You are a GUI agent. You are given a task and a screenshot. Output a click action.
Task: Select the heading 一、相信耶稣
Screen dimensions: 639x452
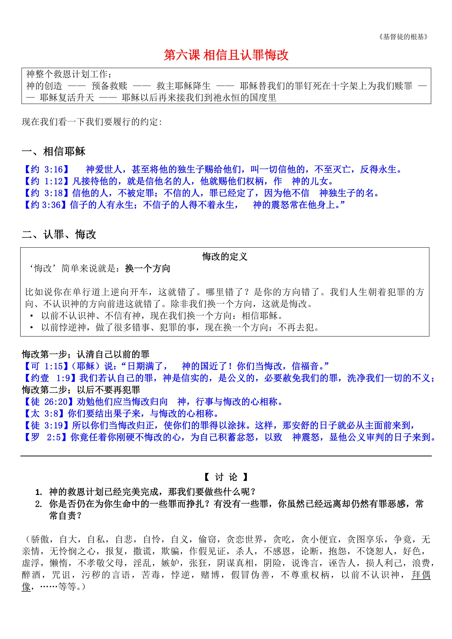coord(53,151)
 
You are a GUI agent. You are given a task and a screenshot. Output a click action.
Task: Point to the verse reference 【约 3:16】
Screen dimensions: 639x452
coord(46,169)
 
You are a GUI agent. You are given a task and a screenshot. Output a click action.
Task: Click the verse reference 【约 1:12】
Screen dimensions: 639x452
coord(46,181)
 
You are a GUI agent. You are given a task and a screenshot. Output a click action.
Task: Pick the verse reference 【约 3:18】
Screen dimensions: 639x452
coord(46,193)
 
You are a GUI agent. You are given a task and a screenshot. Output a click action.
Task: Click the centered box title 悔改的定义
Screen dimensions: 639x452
coord(225,256)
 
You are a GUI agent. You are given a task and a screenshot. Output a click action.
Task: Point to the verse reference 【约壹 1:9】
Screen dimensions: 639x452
coord(50,378)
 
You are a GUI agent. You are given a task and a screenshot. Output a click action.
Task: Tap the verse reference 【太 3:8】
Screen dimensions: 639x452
coord(44,414)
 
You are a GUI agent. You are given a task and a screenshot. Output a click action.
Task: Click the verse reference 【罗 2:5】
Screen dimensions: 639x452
coord(46,437)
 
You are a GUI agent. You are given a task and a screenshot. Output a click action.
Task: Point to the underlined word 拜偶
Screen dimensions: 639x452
coord(421,575)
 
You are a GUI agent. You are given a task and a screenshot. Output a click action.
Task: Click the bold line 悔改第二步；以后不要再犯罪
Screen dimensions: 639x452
coord(81,390)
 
